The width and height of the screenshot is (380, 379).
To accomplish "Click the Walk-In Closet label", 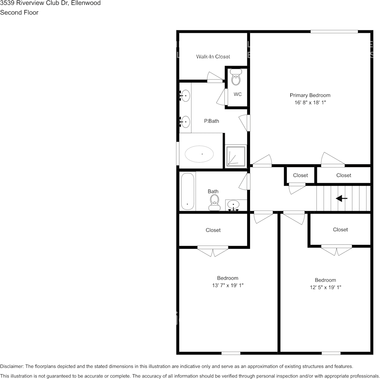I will [x=213, y=56].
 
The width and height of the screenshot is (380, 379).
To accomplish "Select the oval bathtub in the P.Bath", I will [x=199, y=154].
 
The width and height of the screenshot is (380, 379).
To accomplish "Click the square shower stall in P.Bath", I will [x=236, y=156].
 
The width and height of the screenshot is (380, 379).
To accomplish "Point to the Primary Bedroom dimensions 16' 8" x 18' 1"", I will [x=310, y=103].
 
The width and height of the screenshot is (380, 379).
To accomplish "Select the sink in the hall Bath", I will [x=234, y=206].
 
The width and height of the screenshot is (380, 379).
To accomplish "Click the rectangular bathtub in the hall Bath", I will [x=187, y=192].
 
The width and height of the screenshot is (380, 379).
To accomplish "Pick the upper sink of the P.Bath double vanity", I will [x=185, y=96].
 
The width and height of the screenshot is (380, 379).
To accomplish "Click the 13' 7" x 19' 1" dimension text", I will [x=228, y=285].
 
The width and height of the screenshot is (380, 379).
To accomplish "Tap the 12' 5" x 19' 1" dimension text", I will [x=325, y=287].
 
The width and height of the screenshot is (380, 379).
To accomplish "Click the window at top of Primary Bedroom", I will [x=334, y=31].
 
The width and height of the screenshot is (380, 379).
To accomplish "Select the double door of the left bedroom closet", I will [x=213, y=250].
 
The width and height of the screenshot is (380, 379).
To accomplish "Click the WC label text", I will [x=238, y=95].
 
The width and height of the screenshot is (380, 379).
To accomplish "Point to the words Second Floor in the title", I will [x=19, y=12].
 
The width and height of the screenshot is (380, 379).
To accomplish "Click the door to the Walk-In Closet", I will [x=216, y=78].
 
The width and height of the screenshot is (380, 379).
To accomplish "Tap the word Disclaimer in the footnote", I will [x=12, y=366].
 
